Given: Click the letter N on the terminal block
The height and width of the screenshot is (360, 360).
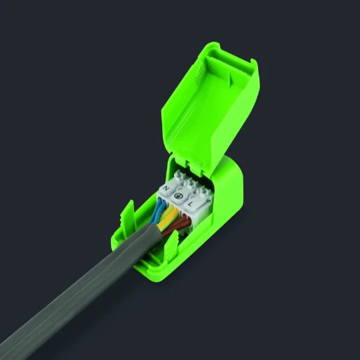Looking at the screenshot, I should tap(166, 189).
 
